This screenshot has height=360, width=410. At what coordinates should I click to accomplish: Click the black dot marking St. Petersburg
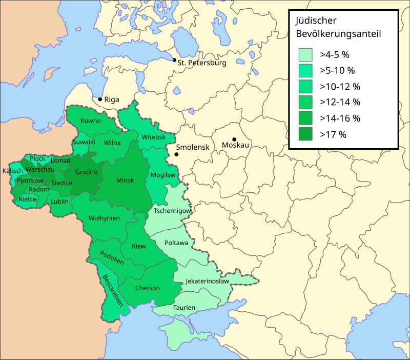click(175, 60)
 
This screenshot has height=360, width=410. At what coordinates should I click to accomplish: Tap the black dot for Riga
click(100, 98)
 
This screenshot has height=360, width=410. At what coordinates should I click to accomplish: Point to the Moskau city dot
click(234, 139)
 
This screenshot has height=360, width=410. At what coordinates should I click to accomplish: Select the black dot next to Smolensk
click(176, 154)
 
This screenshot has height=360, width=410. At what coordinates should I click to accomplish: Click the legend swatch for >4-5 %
click(306, 54)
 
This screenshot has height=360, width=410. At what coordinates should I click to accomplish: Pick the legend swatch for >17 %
click(306, 135)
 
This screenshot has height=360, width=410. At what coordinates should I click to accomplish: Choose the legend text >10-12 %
click(340, 86)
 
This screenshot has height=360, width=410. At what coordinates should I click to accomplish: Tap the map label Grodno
click(86, 172)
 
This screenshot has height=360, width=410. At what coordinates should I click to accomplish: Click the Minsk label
click(125, 181)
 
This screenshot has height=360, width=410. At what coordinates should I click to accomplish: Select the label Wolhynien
click(104, 218)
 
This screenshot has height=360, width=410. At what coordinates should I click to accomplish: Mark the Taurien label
click(184, 308)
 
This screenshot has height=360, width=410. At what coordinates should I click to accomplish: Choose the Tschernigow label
click(173, 211)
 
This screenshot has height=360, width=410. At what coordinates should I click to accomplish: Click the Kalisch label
click(13, 171)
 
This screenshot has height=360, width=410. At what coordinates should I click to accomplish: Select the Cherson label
click(148, 288)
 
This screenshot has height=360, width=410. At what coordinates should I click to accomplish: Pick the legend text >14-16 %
click(340, 118)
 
